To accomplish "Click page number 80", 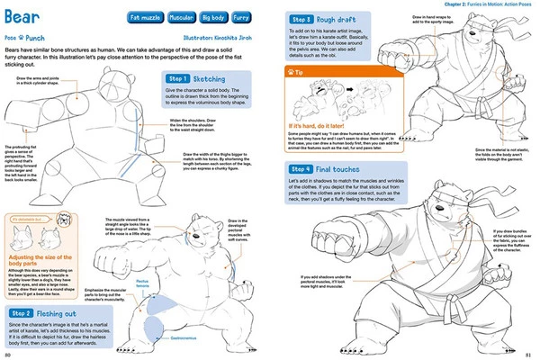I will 8,355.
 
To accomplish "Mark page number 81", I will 530,355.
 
